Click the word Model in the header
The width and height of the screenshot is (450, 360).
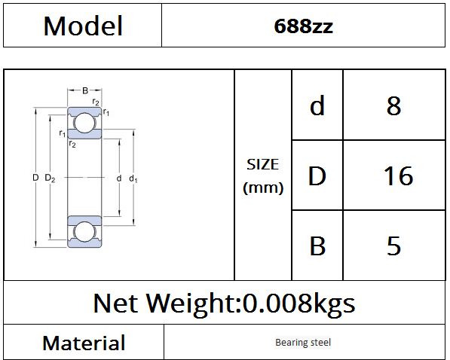(x=83, y=26)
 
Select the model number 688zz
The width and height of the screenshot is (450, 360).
(x=303, y=26)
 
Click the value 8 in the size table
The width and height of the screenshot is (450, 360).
(x=393, y=105)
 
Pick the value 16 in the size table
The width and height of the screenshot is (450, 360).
(x=398, y=175)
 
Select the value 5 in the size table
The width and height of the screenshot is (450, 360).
(x=393, y=246)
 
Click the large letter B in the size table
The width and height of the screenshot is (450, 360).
(x=317, y=246)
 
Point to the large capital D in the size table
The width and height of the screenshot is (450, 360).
(x=317, y=175)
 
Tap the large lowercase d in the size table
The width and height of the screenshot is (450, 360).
(x=317, y=105)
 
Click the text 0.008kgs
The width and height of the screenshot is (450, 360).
(x=299, y=304)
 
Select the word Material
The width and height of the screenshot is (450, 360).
(x=84, y=343)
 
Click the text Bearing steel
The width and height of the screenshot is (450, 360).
(x=303, y=342)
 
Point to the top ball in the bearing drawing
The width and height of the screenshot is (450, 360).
(x=84, y=123)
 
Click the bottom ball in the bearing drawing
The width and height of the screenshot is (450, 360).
(x=84, y=231)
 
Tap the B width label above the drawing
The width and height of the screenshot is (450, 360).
(x=85, y=90)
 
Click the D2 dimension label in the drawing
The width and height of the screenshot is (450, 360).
(x=50, y=178)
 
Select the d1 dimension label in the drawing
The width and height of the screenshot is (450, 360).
(x=133, y=178)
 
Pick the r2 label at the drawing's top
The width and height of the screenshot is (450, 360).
(x=96, y=102)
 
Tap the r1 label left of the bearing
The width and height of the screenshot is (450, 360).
(x=63, y=133)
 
